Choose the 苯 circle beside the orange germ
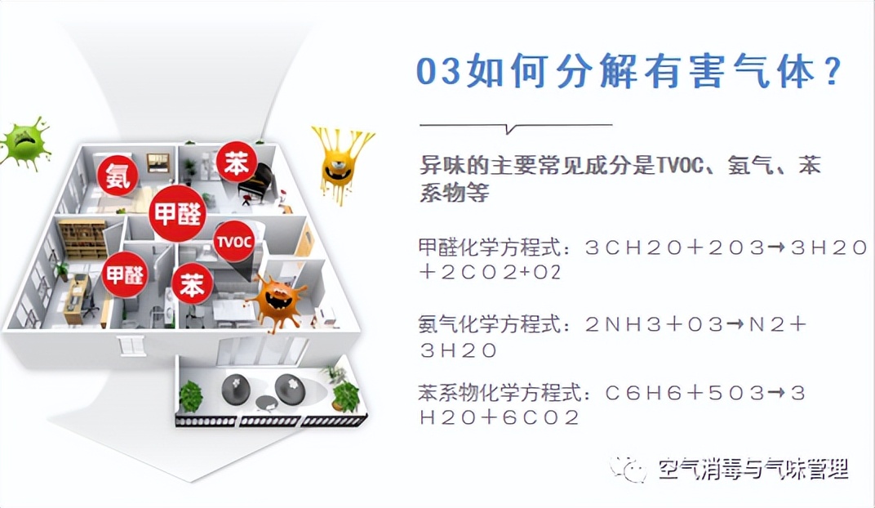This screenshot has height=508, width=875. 192,285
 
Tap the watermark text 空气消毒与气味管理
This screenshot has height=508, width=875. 753,469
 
